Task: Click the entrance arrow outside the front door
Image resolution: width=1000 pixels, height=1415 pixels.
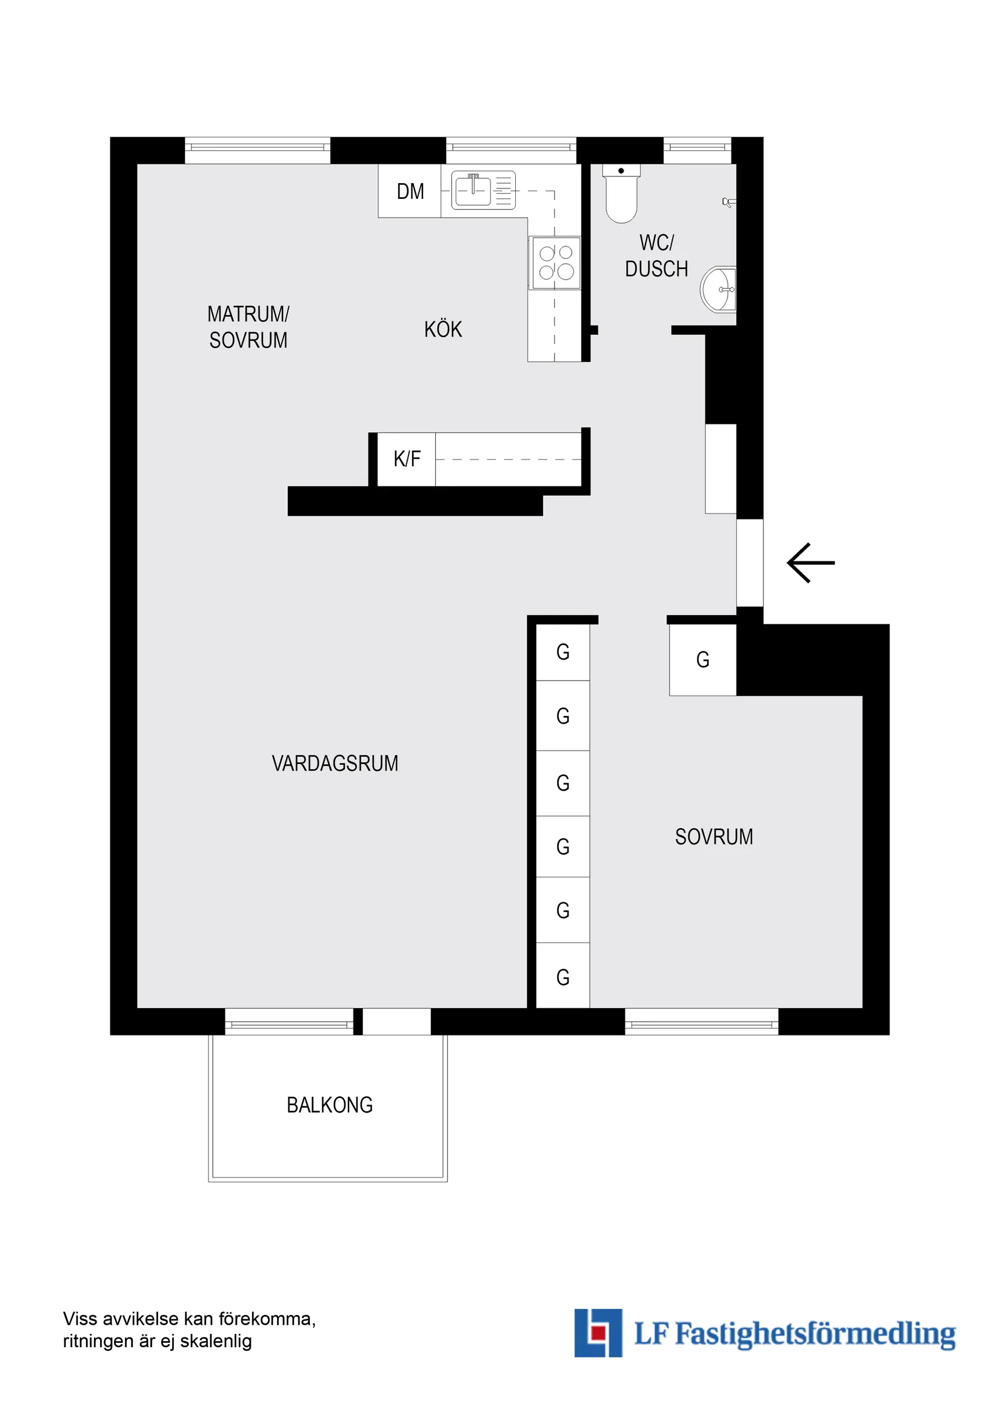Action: pos(810,563)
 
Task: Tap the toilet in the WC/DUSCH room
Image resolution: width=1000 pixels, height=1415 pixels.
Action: pos(621,194)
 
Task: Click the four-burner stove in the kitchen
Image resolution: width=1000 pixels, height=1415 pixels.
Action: pos(556,263)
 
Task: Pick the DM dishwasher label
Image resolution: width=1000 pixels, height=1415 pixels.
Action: pos(410,192)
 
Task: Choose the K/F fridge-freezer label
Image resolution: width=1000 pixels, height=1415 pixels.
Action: pos(407,459)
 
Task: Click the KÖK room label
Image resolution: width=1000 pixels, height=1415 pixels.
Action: pos(443,330)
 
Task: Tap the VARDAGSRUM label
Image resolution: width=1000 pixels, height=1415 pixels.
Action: pos(335,764)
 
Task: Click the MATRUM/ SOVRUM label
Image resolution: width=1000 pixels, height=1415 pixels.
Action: pos(248,327)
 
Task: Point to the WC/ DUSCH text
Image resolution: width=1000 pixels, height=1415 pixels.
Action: pos(656,256)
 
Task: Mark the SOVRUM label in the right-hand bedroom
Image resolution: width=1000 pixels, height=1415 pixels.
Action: pos(713,837)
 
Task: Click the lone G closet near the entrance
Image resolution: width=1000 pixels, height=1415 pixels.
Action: pos(702,660)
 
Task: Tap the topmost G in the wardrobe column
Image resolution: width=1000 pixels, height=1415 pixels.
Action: pos(562,652)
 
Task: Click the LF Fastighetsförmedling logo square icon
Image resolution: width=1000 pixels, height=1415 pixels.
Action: pos(598,1333)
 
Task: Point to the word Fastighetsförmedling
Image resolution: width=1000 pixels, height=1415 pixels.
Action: pos(815,1334)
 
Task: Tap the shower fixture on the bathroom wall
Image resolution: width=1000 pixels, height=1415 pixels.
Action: pos(728,201)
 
